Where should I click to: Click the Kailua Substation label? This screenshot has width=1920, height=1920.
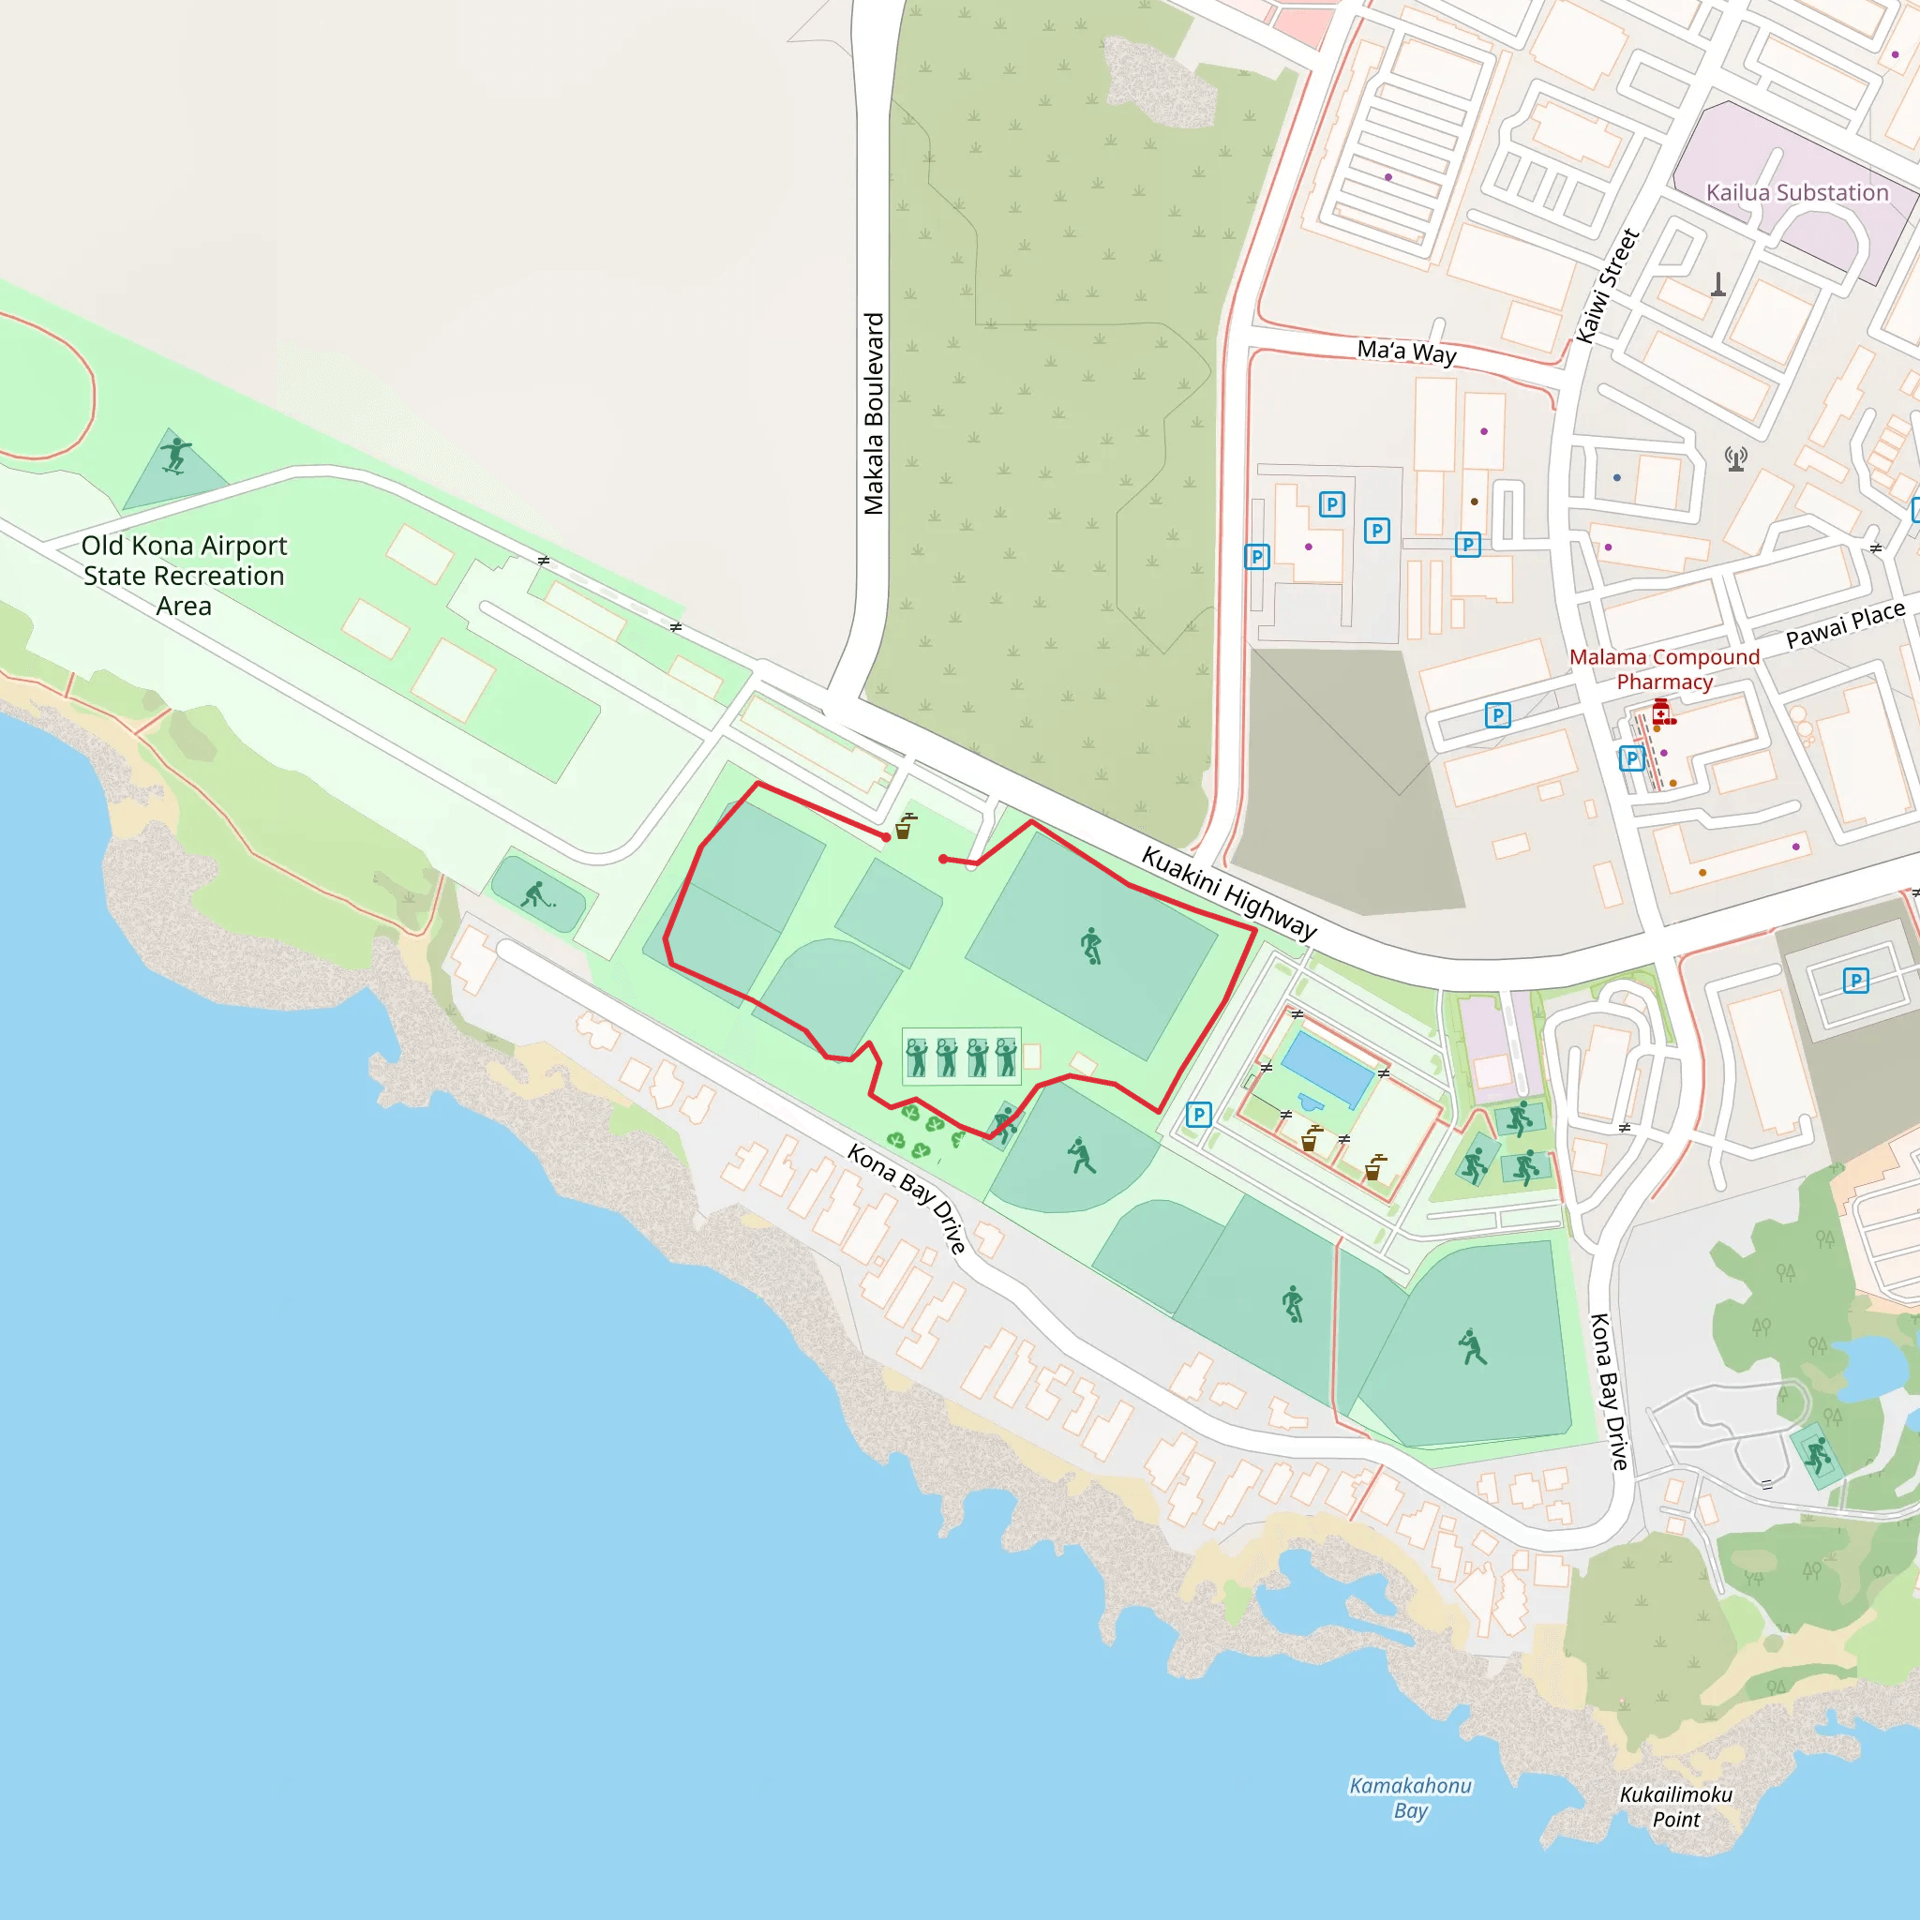coord(1797,193)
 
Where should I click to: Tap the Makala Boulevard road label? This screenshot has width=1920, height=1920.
coord(874,413)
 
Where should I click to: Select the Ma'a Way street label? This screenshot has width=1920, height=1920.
coord(1406,352)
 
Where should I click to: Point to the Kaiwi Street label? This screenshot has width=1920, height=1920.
coord(1607,286)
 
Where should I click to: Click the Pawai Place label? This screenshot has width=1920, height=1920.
coord(1844,624)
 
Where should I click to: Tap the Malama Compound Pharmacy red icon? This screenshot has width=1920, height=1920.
coord(1661,712)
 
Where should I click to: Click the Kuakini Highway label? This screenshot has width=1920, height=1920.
coord(1228,892)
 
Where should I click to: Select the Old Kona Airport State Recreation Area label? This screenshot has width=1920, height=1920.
coord(184,576)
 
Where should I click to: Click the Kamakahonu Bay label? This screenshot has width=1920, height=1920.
coord(1410,1798)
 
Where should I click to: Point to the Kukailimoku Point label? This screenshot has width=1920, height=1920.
coord(1676,1807)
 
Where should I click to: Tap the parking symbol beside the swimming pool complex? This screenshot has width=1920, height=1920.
coord(1198,1114)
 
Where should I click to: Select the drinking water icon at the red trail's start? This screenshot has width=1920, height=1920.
coord(905,827)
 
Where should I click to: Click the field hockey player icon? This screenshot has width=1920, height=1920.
coord(535,894)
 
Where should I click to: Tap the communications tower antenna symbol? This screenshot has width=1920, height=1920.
coord(1736,458)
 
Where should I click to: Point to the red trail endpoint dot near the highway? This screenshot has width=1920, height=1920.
coord(943,859)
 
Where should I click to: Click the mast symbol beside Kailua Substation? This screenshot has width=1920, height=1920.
coord(1718,285)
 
